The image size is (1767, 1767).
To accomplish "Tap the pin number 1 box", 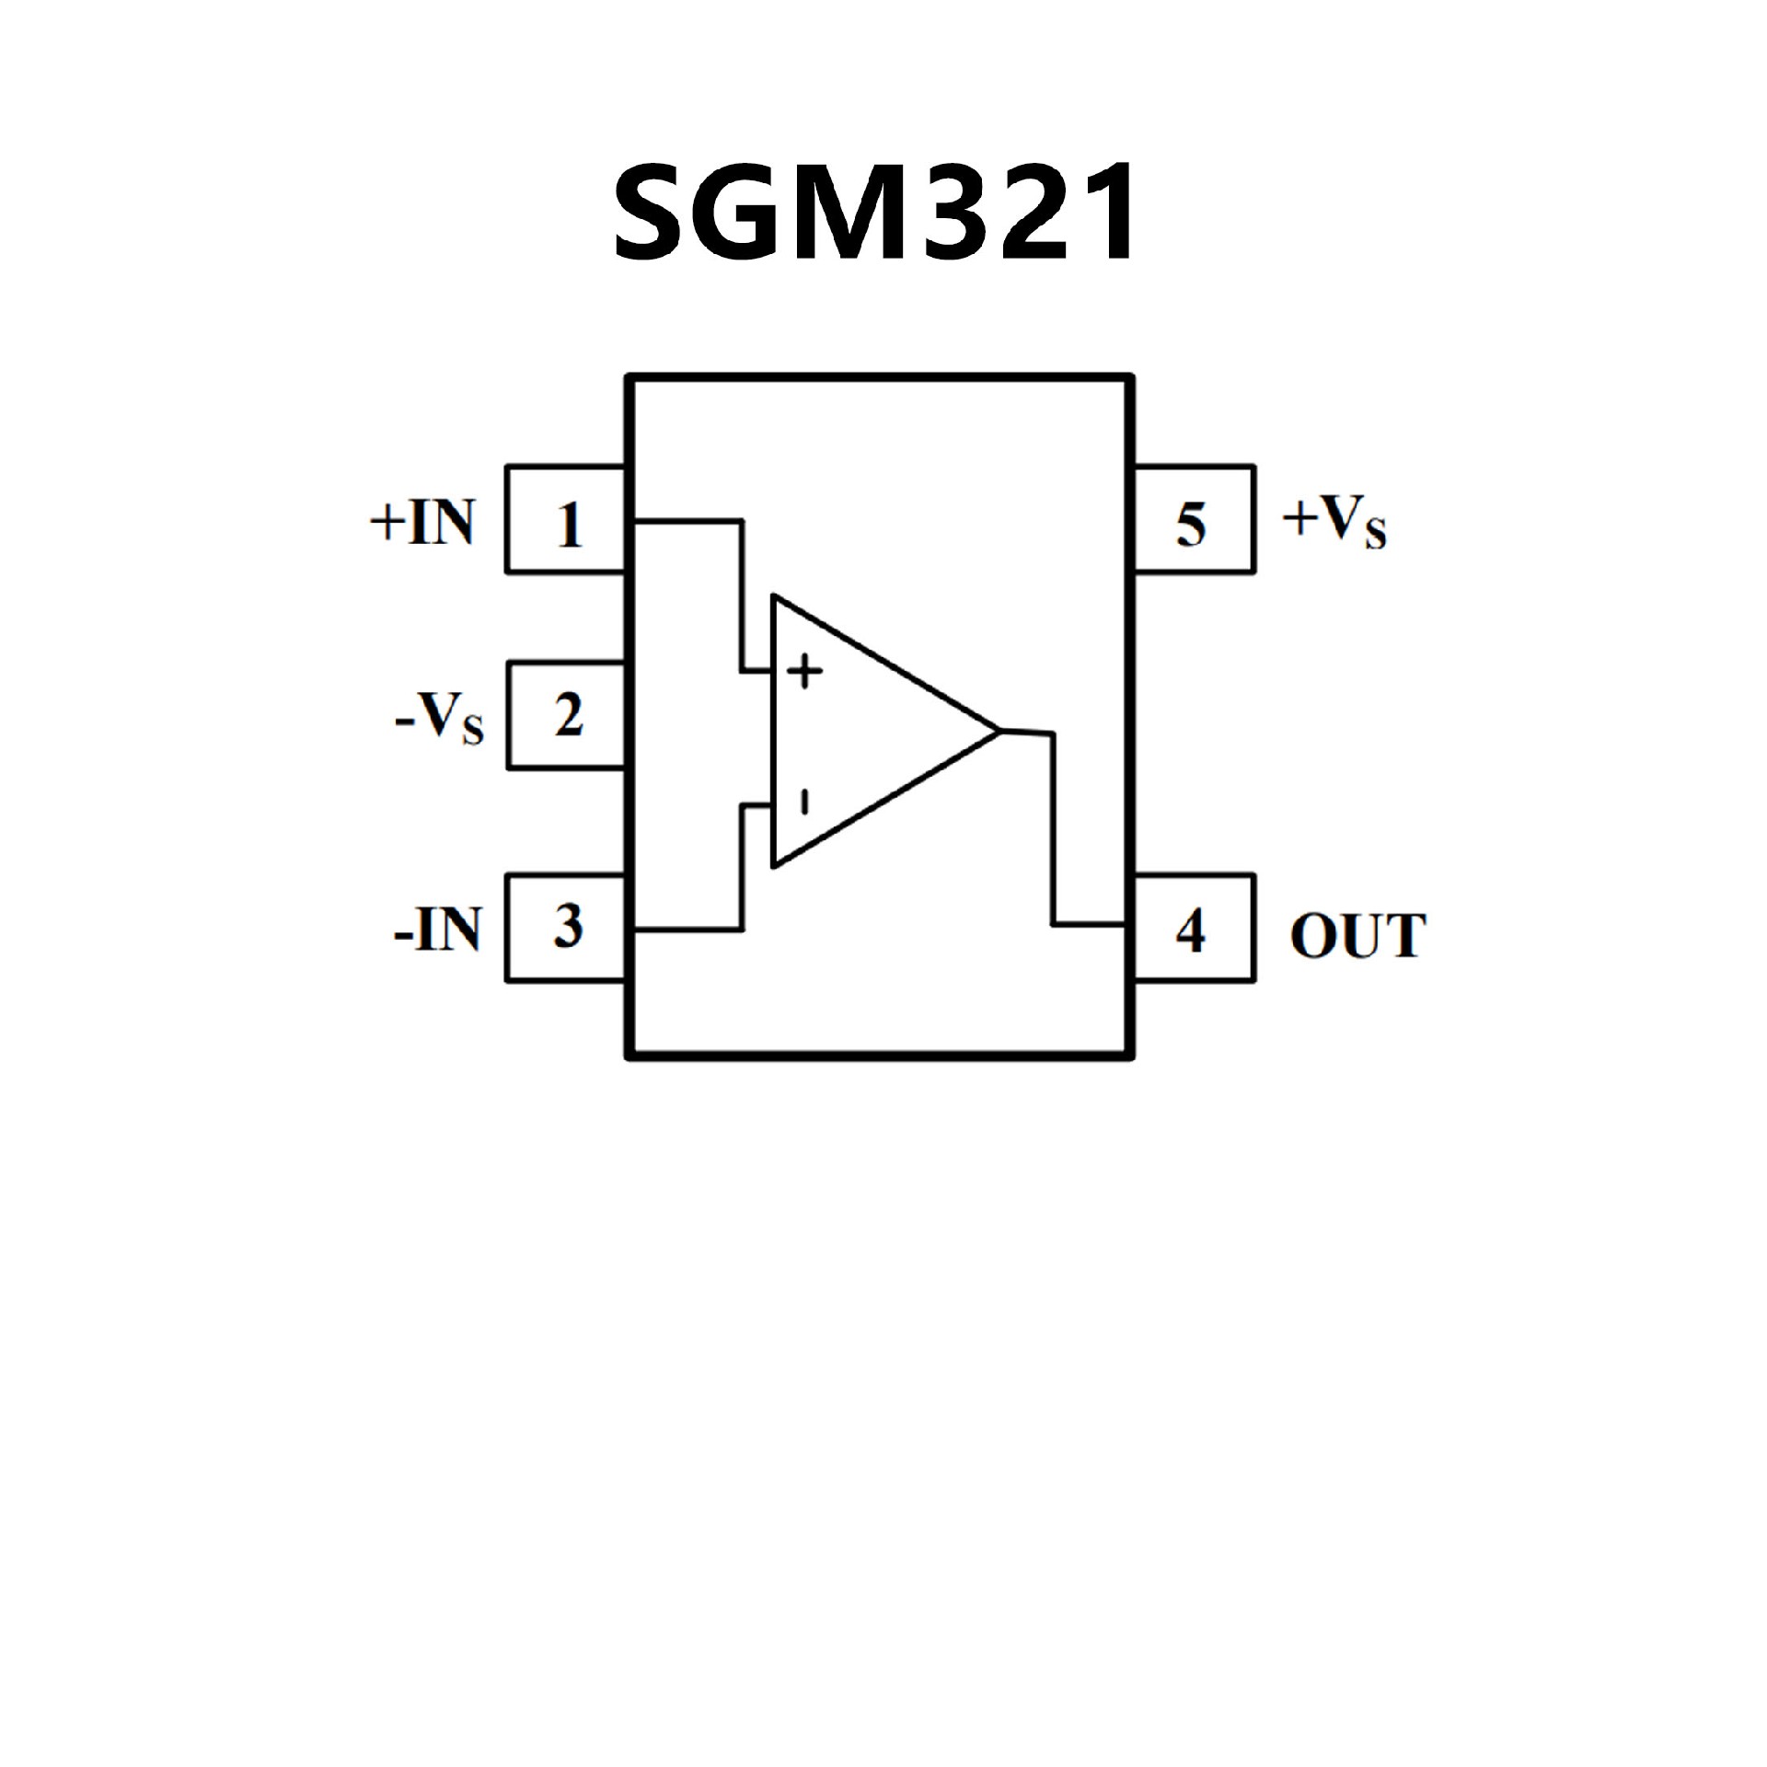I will [567, 520].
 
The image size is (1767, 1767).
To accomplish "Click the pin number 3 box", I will [567, 928].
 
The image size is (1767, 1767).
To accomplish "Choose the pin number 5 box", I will [1193, 520].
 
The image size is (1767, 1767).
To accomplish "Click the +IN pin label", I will [422, 522].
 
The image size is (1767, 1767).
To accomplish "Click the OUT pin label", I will [1357, 935].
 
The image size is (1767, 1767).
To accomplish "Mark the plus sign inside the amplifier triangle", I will [805, 671].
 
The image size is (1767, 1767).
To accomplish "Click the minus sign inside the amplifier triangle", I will [803, 803].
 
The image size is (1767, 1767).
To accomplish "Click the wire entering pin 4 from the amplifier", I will [1090, 922].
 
